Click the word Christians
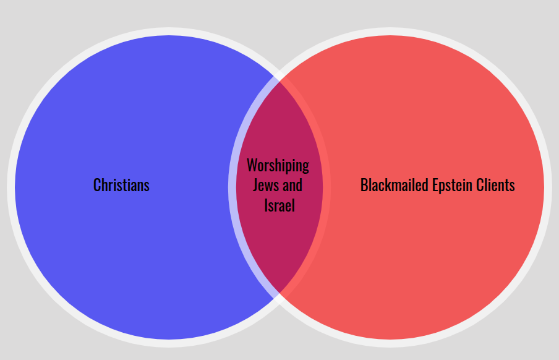(x=121, y=185)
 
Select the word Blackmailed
(x=395, y=185)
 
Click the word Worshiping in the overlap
(x=278, y=166)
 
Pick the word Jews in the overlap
(x=266, y=185)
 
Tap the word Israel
(x=279, y=205)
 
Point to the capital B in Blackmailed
(x=364, y=185)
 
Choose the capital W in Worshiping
(x=253, y=165)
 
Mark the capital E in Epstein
(x=435, y=185)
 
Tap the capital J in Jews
(x=255, y=185)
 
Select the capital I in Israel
(x=266, y=205)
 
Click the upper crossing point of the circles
(x=279, y=76)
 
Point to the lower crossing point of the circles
(x=279, y=299)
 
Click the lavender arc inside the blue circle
(x=232, y=187)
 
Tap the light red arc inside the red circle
(x=327, y=187)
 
